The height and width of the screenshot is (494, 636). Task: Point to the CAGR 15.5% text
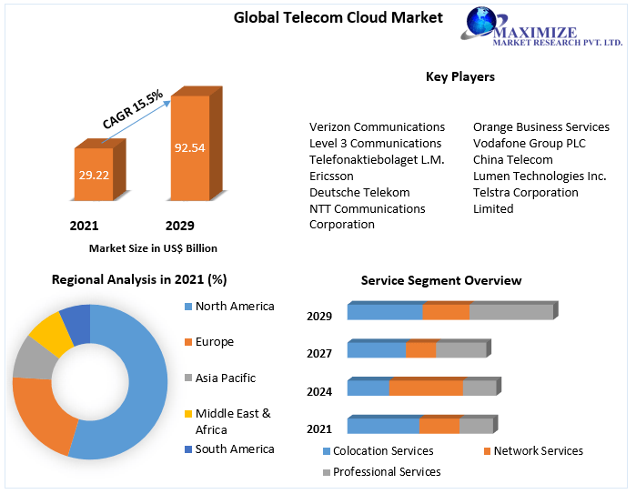[x=133, y=109]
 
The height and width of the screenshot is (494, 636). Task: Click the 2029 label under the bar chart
[x=179, y=226]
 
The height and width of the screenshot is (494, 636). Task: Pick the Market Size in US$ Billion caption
[x=153, y=247]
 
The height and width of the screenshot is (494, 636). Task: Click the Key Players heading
[x=459, y=76]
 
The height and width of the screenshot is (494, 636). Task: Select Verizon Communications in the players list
[x=377, y=126]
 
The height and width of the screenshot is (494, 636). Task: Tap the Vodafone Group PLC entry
[x=529, y=143]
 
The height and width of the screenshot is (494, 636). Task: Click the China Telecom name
[x=512, y=159]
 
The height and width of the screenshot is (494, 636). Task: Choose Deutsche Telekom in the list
[x=359, y=192]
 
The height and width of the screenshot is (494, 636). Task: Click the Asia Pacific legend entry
[x=225, y=378]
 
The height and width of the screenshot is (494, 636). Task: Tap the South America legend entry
[x=234, y=449]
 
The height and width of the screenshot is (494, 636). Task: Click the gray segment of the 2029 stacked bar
[x=510, y=312]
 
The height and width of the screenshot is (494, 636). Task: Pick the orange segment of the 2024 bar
[x=426, y=388]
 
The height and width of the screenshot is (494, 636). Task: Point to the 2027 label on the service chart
[x=319, y=353]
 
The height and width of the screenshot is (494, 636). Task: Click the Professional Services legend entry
[x=386, y=471]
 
